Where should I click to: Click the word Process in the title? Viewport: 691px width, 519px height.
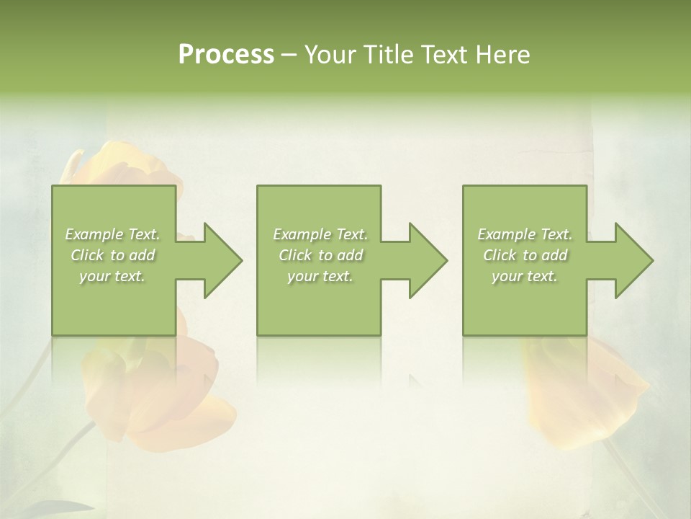pos(226,55)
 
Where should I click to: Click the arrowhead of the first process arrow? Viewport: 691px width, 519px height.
pos(222,260)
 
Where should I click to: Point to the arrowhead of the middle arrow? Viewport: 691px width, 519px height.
pos(427,260)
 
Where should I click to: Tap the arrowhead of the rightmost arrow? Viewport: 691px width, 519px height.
pos(633,260)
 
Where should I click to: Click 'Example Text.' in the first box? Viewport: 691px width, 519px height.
pos(112,234)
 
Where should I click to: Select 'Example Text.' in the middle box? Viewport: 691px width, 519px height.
pos(320,234)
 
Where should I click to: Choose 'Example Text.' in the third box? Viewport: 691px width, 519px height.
pos(525,234)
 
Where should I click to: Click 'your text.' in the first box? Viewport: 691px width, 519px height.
pos(112,276)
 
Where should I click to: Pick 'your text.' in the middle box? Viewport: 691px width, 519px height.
pos(320,276)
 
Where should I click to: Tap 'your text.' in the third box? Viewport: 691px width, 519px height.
pos(525,276)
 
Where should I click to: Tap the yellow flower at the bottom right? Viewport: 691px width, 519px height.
pos(583,389)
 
